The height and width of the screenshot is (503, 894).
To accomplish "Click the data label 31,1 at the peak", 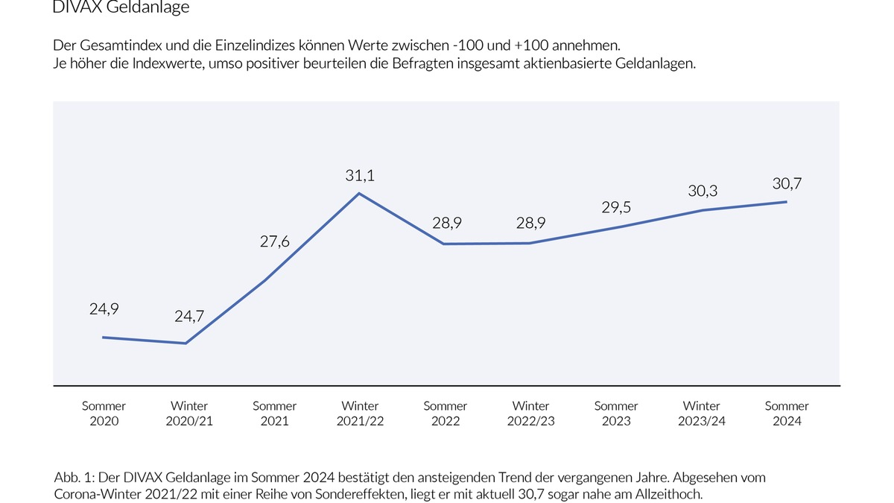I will click(x=360, y=175).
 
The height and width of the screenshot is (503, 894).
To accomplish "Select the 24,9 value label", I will click(x=104, y=309).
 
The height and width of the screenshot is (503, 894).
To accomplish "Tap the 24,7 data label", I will click(x=189, y=317).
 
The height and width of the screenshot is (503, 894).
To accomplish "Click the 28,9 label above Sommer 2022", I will click(x=446, y=224).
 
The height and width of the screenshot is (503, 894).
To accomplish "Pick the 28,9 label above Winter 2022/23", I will click(x=530, y=224).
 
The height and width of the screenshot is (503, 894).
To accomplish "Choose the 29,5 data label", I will click(x=616, y=208).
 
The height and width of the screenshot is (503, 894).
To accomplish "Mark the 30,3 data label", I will click(x=702, y=192).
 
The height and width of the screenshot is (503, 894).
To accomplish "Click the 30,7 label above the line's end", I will click(x=787, y=183).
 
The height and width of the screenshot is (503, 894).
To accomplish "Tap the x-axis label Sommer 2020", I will click(x=104, y=414).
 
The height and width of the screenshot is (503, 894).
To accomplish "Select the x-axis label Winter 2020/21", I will click(x=189, y=414).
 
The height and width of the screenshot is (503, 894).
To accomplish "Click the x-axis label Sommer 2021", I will click(x=274, y=414).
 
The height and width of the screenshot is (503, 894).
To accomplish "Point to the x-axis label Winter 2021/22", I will click(x=360, y=414).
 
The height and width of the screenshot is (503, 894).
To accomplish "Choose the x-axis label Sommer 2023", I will click(x=616, y=414).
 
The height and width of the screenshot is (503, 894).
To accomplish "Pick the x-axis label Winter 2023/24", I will click(x=702, y=414).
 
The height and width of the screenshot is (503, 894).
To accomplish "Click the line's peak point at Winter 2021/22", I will click(x=360, y=194).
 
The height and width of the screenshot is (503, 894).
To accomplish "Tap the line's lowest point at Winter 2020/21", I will click(x=186, y=344).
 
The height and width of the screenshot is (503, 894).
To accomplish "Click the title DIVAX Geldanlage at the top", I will click(x=121, y=8).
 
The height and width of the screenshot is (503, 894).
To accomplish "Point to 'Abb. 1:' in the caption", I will click(x=72, y=477).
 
